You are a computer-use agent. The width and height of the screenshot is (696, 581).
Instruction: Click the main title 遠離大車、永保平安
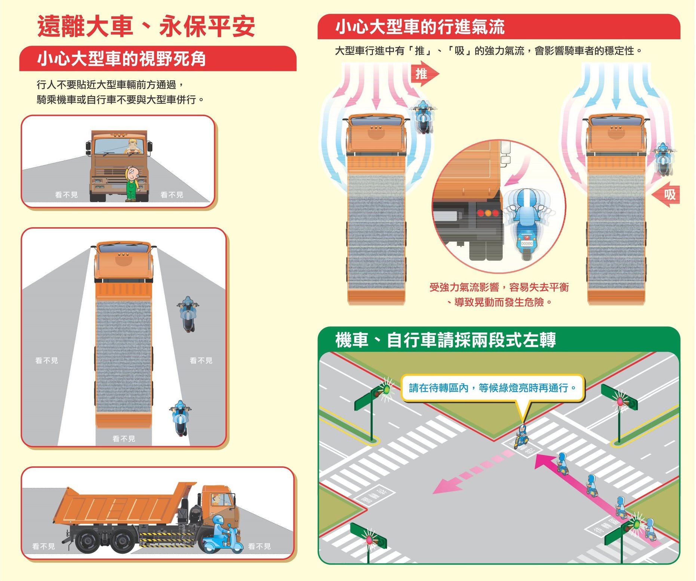click(x=146, y=27)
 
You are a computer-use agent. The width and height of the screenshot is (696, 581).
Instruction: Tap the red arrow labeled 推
click(x=424, y=74)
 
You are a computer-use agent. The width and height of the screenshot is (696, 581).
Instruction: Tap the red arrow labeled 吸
click(x=666, y=194)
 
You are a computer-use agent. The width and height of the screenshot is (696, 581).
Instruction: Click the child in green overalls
click(x=132, y=183)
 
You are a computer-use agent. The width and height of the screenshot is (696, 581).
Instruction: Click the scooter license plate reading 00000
click(x=526, y=243)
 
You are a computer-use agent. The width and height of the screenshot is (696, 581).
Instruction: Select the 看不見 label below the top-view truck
click(x=124, y=438)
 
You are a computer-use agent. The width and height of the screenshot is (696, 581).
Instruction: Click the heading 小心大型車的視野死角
click(x=121, y=59)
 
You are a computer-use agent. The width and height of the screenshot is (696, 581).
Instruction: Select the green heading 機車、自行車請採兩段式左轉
click(x=445, y=340)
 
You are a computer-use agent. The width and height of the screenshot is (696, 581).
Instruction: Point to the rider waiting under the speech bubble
click(x=521, y=436)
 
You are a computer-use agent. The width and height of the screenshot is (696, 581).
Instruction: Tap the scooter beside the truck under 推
click(x=423, y=117)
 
